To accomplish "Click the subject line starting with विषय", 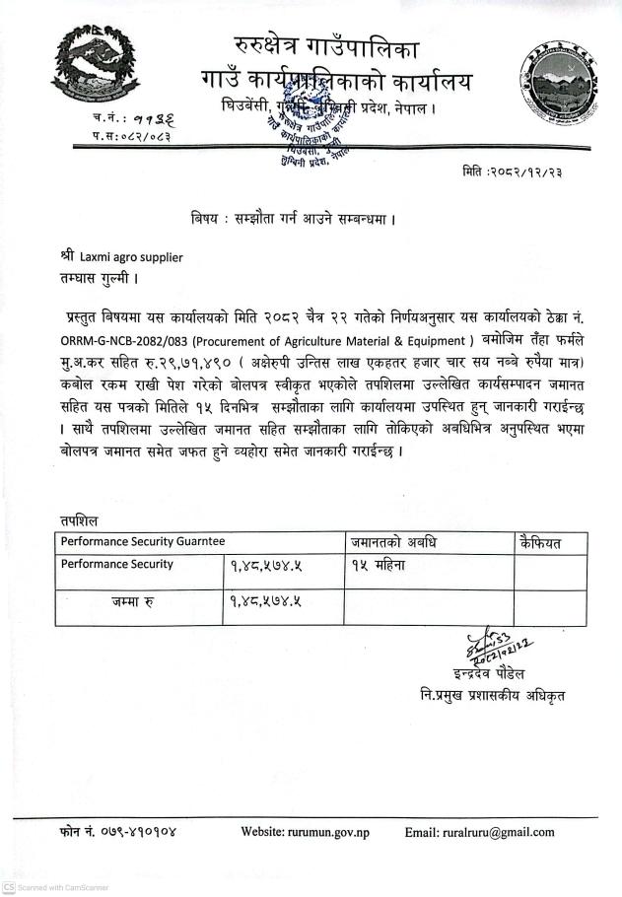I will (x=294, y=215).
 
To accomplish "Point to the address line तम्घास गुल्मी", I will (x=97, y=278).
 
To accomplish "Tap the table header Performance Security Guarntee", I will (x=143, y=541).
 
